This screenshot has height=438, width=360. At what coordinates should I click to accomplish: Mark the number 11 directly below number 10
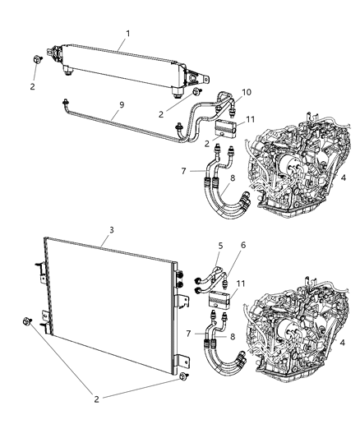251,119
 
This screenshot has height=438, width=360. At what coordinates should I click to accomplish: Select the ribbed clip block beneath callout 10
225,123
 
